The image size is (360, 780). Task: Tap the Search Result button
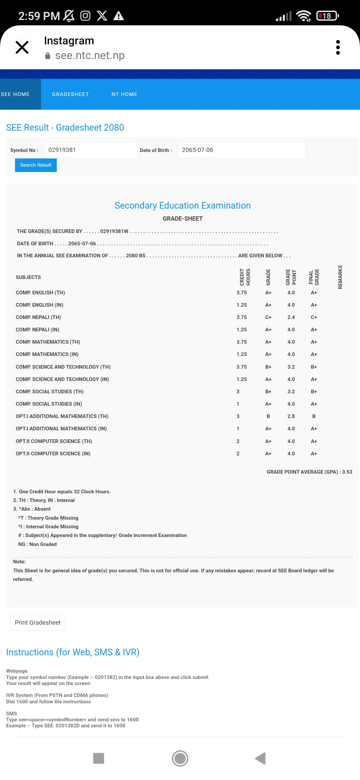[x=36, y=165]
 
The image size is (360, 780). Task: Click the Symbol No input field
[x=90, y=150]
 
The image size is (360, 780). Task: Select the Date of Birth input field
[x=241, y=150]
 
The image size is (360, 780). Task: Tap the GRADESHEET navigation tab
[x=70, y=94]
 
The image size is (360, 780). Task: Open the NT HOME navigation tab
[x=124, y=94]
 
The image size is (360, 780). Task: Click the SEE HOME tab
[x=15, y=94]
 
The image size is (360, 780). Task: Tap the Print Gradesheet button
[x=38, y=623]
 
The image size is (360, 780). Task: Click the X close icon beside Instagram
[x=22, y=47]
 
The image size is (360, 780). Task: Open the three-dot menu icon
[x=338, y=47]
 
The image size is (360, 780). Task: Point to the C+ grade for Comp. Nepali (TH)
[x=268, y=317]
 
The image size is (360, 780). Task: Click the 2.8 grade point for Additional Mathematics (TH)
[x=291, y=416]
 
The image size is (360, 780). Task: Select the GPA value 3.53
[x=347, y=472]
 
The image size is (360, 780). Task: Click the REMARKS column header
[x=340, y=277]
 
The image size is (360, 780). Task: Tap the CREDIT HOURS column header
[x=245, y=277]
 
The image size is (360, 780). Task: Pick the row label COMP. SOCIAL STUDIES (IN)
[x=49, y=404]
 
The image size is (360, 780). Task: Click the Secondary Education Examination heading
[x=183, y=206]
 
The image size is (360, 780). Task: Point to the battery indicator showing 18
[x=327, y=16]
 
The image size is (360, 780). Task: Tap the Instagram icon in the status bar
[x=85, y=16]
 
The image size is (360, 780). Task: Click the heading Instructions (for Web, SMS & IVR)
[x=73, y=652]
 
